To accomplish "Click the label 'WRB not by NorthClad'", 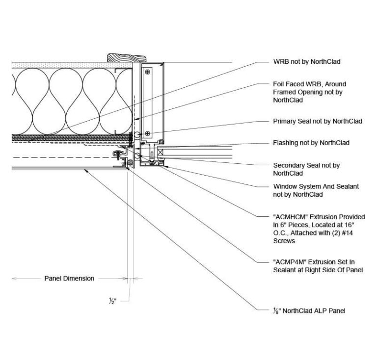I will [306, 62].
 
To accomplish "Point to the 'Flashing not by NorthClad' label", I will [311, 143].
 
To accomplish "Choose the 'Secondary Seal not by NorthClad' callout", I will [306, 169].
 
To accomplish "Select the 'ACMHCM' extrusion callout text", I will [319, 229].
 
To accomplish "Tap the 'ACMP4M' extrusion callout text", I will [319, 266].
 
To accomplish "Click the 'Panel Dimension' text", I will [69, 279].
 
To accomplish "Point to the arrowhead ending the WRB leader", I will [30, 140].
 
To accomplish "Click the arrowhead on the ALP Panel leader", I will [85, 170].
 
